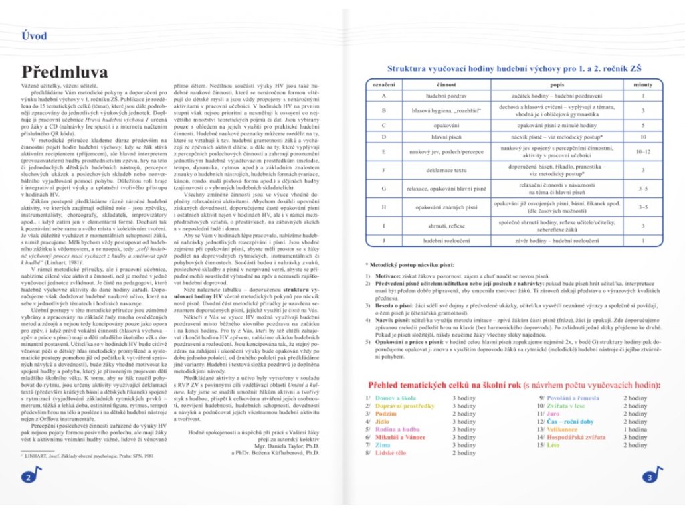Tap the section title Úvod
pyautogui.click(x=34, y=36)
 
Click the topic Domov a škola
pyautogui.click(x=397, y=398)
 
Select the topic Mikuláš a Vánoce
pyautogui.click(x=404, y=437)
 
